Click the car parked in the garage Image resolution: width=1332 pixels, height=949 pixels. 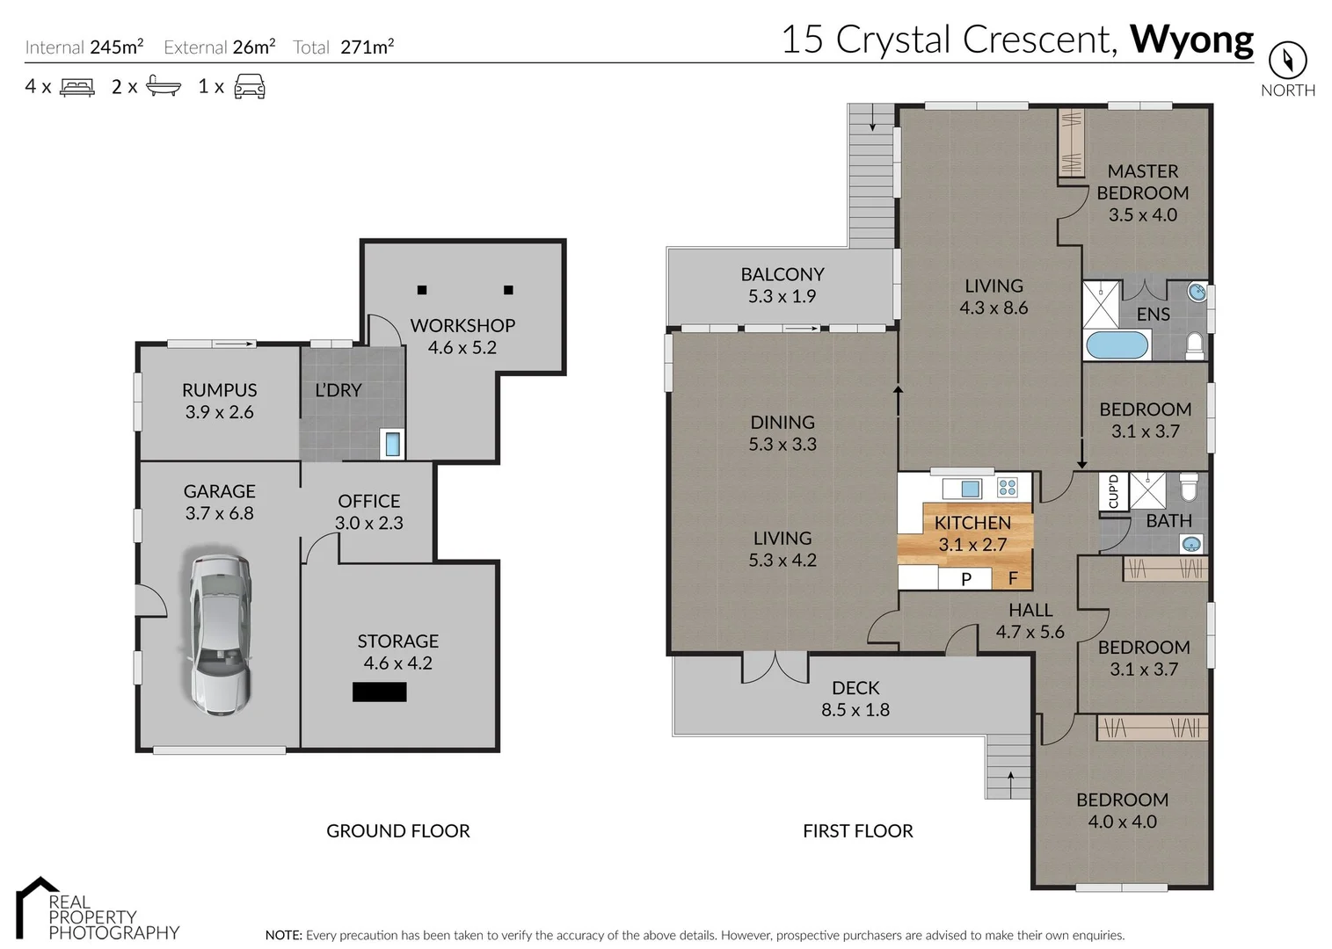click(220, 634)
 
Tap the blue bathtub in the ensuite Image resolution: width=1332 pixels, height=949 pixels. click(1117, 345)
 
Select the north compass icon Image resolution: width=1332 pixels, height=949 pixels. click(1287, 60)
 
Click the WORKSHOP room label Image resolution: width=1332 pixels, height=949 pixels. click(462, 326)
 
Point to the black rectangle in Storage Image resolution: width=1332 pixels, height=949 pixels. click(380, 692)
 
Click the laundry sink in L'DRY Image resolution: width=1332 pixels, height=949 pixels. click(392, 444)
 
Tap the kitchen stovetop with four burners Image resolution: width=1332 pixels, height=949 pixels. click(1008, 488)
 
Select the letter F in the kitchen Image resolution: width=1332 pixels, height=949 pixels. click(1013, 578)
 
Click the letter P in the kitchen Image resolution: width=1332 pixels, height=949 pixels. click(966, 579)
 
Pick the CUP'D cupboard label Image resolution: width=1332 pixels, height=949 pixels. click(1113, 491)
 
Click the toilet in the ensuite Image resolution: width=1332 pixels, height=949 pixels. click(1194, 346)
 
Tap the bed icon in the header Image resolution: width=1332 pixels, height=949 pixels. click(77, 87)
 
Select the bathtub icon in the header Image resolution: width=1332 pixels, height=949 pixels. click(164, 86)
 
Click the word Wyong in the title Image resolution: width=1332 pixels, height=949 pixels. click(1191, 40)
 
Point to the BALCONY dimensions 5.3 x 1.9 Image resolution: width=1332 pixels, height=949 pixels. click(782, 296)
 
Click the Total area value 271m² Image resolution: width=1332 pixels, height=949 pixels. click(367, 47)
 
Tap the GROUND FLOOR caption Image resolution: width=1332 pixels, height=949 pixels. click(397, 830)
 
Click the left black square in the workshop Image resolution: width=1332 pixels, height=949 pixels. click(422, 290)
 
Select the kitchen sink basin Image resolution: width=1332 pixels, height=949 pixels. click(971, 489)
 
